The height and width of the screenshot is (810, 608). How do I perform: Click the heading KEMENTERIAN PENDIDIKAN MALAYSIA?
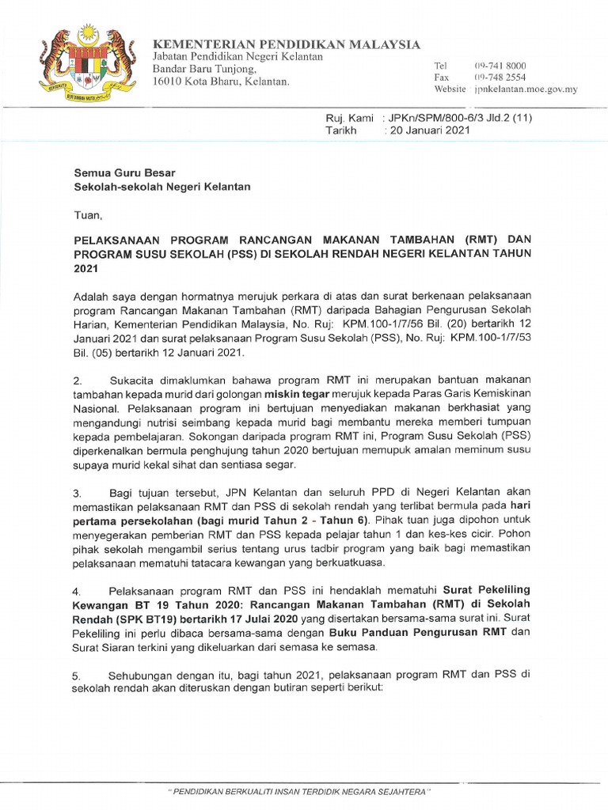286,44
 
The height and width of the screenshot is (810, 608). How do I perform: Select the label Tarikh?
341,130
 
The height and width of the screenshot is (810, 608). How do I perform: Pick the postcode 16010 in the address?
169,81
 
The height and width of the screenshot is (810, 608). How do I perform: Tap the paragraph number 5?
78,676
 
